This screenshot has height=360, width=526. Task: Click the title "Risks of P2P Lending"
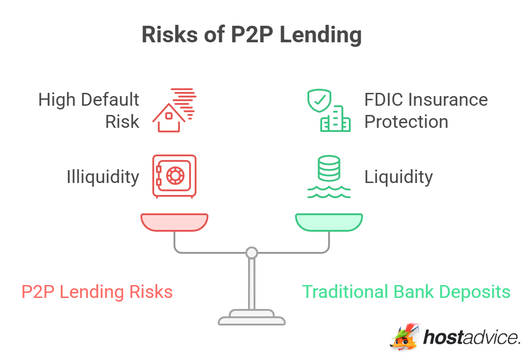(x=251, y=35)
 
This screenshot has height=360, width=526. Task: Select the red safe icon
(x=174, y=176)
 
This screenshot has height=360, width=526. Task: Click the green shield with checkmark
(x=319, y=101)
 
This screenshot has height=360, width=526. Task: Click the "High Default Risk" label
(x=89, y=110)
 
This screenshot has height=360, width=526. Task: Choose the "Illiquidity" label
(x=103, y=177)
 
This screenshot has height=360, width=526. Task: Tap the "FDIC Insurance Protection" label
(x=426, y=110)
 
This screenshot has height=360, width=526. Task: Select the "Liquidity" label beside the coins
(x=399, y=177)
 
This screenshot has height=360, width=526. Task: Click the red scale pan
(x=174, y=222)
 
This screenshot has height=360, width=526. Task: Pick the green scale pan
(x=329, y=222)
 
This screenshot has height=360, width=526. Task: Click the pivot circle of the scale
(x=251, y=252)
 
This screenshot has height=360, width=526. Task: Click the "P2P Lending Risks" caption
(x=97, y=292)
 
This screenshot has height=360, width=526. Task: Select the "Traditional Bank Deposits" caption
(x=406, y=292)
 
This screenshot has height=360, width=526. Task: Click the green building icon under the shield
(x=336, y=120)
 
